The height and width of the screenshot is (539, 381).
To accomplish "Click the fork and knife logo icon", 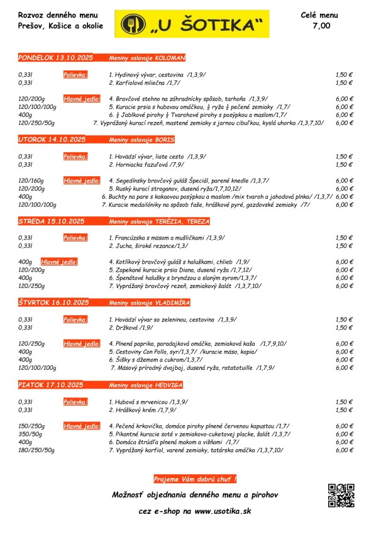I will (133, 24).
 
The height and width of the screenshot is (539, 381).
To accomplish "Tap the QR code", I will (342, 495).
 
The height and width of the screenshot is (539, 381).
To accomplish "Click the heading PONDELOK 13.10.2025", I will (55, 58).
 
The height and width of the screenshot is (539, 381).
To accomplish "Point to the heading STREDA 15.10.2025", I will (52, 221).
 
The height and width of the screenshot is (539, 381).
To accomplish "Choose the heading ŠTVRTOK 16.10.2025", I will (54, 303).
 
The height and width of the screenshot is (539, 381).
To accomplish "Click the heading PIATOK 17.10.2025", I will (51, 384).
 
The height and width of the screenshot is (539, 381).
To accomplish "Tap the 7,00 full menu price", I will (321, 26).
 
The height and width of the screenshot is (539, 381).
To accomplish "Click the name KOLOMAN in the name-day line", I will (170, 58).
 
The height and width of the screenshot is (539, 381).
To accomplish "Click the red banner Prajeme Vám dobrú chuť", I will (195, 479).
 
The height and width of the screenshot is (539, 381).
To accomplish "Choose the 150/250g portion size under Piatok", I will (31, 426).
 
